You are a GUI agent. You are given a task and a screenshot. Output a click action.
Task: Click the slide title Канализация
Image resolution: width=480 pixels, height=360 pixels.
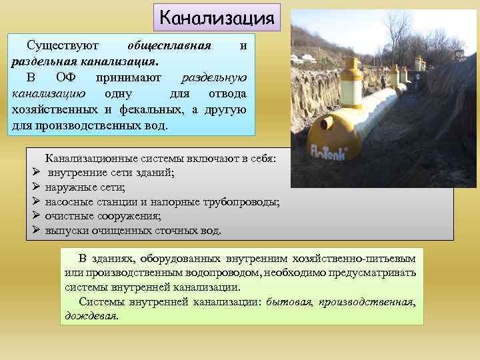point(217,17)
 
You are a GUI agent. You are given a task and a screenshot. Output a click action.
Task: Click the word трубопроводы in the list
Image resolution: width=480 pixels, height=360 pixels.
point(242,202)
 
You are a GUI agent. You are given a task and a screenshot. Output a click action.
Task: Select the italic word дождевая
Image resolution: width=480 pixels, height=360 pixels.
point(91,316)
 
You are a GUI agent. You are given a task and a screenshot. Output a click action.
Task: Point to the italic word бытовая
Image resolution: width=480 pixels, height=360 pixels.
point(289,302)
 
